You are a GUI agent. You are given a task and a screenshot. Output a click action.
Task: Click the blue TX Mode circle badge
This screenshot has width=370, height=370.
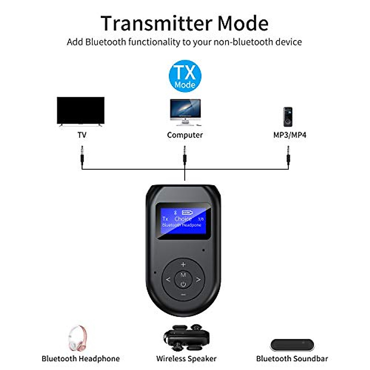(x=185, y=76)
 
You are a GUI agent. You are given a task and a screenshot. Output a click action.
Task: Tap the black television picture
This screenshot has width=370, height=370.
(x=80, y=110)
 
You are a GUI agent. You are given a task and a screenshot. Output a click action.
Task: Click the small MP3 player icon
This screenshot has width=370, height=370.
(x=288, y=117)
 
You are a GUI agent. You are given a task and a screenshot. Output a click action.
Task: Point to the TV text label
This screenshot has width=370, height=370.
(x=82, y=135)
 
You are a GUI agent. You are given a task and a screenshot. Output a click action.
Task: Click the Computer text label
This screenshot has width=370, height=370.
(x=185, y=135)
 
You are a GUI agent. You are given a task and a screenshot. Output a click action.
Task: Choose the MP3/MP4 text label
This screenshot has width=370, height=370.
(x=290, y=135)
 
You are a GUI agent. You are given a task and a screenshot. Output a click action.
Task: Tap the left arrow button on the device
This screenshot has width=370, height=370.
(x=168, y=280)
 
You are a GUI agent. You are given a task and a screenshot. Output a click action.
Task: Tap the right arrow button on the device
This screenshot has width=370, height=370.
(x=199, y=280)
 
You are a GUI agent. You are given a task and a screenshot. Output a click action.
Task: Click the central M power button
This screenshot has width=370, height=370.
(x=183, y=279)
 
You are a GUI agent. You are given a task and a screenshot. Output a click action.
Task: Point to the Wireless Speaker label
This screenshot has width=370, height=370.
(x=186, y=359)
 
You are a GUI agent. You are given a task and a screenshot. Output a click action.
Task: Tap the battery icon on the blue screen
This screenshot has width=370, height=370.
(x=187, y=212)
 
